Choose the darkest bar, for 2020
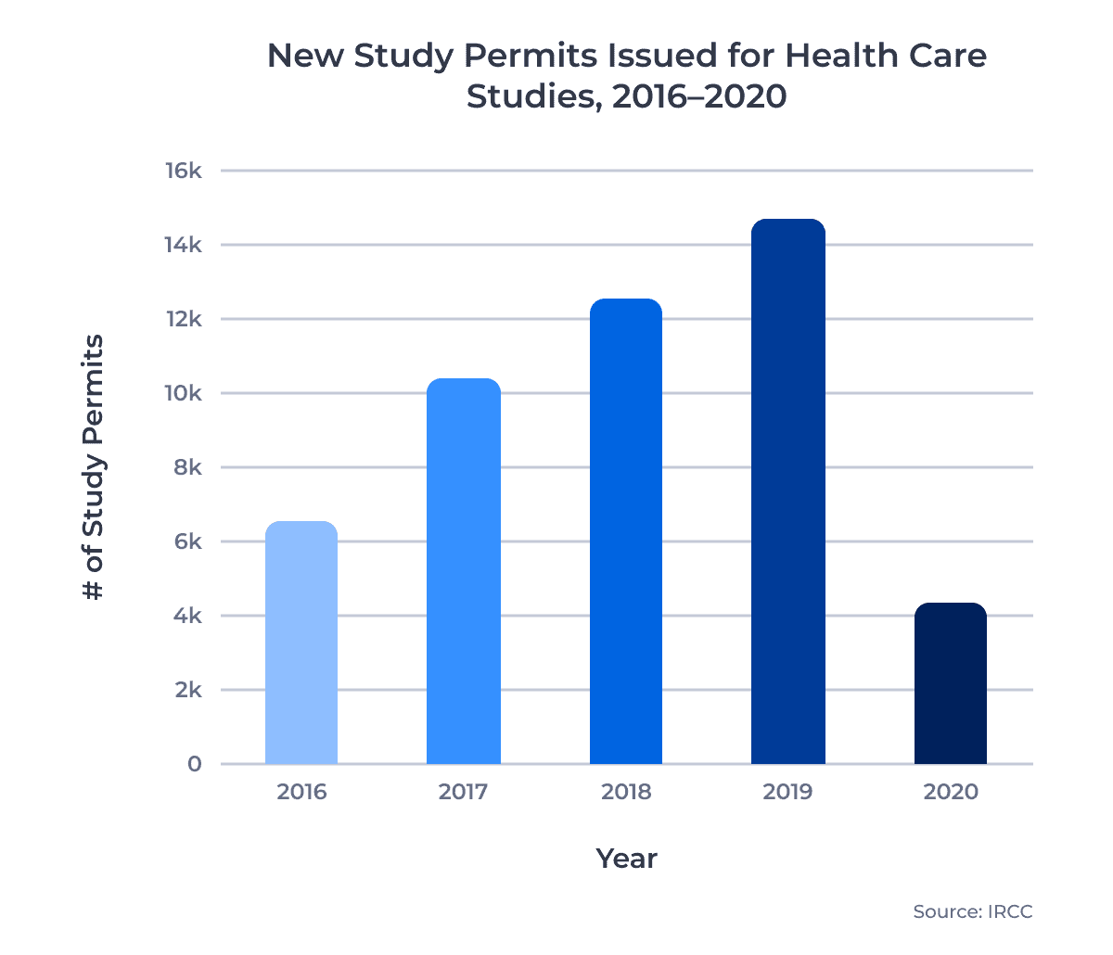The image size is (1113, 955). (951, 683)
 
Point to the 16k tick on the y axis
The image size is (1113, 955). (183, 171)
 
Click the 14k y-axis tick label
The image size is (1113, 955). (183, 245)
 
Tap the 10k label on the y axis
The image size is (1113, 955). (183, 393)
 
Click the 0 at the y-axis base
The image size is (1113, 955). (194, 764)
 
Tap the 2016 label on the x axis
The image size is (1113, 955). (301, 792)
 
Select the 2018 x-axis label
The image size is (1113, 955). (626, 792)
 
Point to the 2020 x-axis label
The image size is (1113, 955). (951, 792)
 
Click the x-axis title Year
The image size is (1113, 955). (626, 859)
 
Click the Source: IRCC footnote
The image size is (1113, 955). (972, 911)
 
